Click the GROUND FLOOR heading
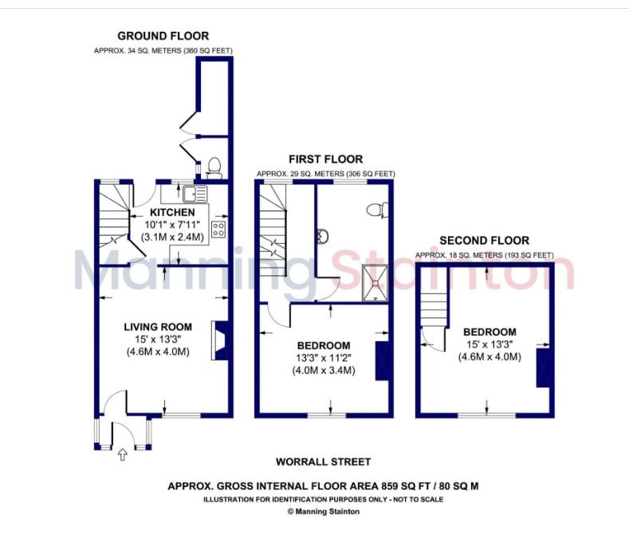pyautogui.click(x=163, y=36)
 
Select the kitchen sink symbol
pyautogui.click(x=195, y=194)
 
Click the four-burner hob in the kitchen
pyautogui.click(x=218, y=230)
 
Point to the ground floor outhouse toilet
pyautogui.click(x=214, y=168)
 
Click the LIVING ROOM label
pyautogui.click(x=158, y=327)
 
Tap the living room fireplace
pyautogui.click(x=219, y=340)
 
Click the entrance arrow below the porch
pyautogui.click(x=122, y=455)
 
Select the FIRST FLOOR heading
pyautogui.click(x=326, y=159)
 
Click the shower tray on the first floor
pyautogui.click(x=375, y=283)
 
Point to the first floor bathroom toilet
pyautogui.click(x=378, y=210)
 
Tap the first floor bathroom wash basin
pyautogui.click(x=323, y=236)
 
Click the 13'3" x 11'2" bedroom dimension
pyautogui.click(x=324, y=357)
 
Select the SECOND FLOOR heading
pyautogui.click(x=484, y=241)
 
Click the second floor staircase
pyautogui.click(x=434, y=310)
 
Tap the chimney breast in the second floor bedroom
pyautogui.click(x=543, y=368)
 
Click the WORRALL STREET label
pyautogui.click(x=324, y=462)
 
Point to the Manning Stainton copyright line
pyautogui.click(x=324, y=512)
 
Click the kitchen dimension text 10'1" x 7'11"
pyautogui.click(x=172, y=225)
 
